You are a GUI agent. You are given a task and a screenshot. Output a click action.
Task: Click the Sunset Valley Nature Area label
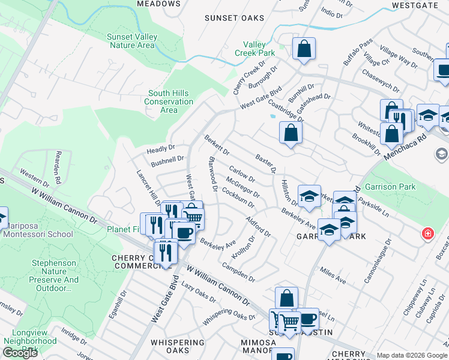pos(131,41)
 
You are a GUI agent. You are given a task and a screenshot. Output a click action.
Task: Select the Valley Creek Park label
pos(259,49)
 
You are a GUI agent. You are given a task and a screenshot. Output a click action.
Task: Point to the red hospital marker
pos(427,233)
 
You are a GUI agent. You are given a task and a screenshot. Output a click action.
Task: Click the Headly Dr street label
pos(161,148)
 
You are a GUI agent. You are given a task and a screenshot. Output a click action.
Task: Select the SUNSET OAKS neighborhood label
pos(234,18)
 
